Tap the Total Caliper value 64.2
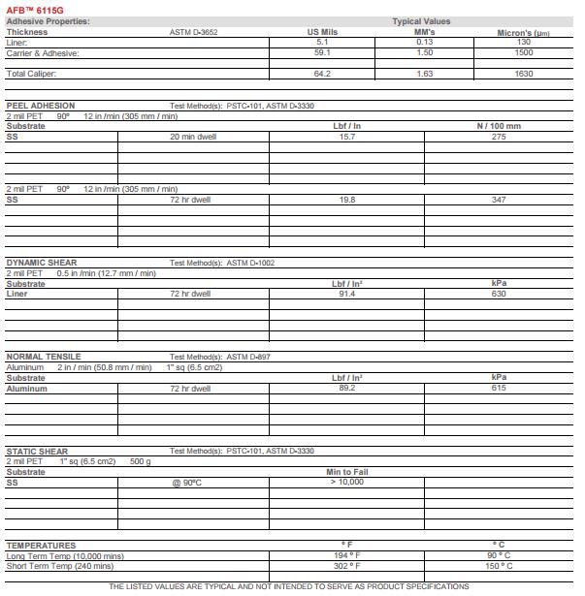pos(323,74)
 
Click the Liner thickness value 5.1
pos(323,42)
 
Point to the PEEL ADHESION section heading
pos(41,106)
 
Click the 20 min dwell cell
pos(193,137)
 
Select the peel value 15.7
pos(346,137)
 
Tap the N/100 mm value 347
pos(499,200)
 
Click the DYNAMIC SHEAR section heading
pos(42,263)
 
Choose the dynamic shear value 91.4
pos(346,294)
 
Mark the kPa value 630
pos(499,294)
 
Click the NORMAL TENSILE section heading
pos(44,357)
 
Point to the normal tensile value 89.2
pos(346,388)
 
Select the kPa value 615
pos(499,388)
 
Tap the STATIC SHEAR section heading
pos(36,451)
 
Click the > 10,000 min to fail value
pos(346,482)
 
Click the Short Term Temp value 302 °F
pos(346,566)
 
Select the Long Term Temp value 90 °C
pos(499,555)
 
